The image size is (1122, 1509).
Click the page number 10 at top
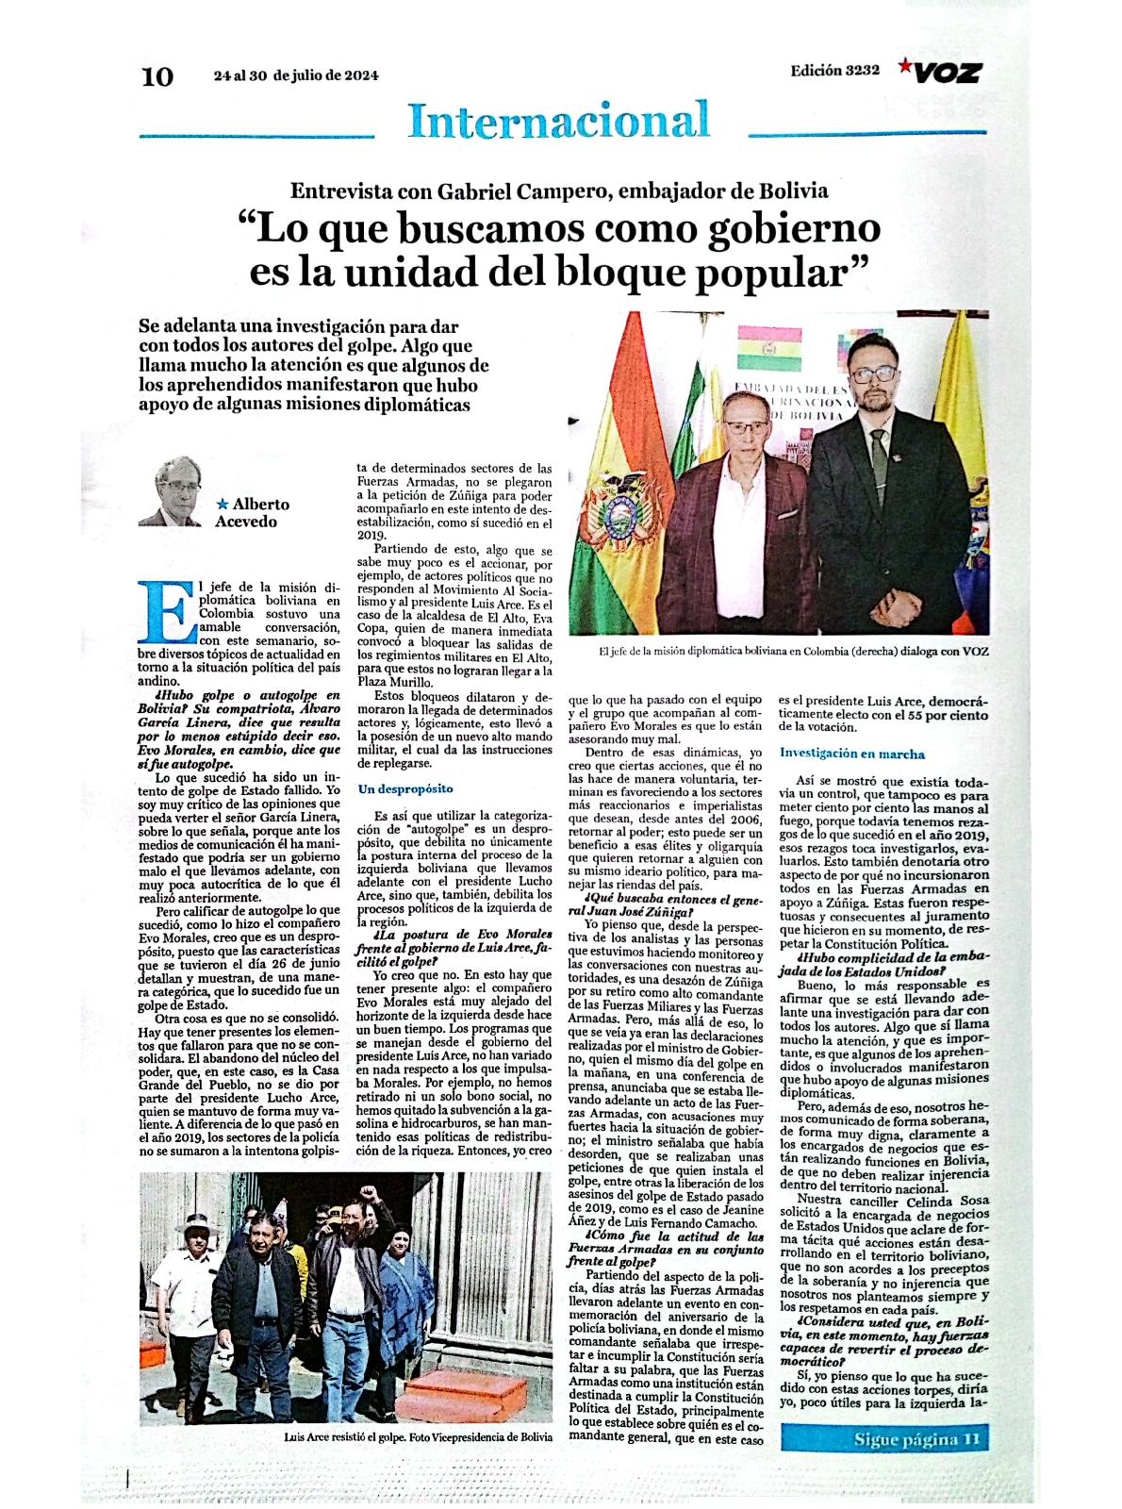pyautogui.click(x=157, y=76)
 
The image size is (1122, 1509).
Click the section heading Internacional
pyautogui.click(x=559, y=121)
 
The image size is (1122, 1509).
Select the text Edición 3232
pyautogui.click(x=835, y=71)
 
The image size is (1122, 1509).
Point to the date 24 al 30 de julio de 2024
pyautogui.click(x=296, y=76)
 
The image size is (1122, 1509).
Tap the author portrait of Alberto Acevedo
pyautogui.click(x=173, y=490)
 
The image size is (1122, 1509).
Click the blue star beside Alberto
pyautogui.click(x=223, y=505)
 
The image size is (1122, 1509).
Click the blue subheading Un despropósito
pyautogui.click(x=405, y=788)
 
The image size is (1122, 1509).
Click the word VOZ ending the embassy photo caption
pyautogui.click(x=974, y=652)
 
